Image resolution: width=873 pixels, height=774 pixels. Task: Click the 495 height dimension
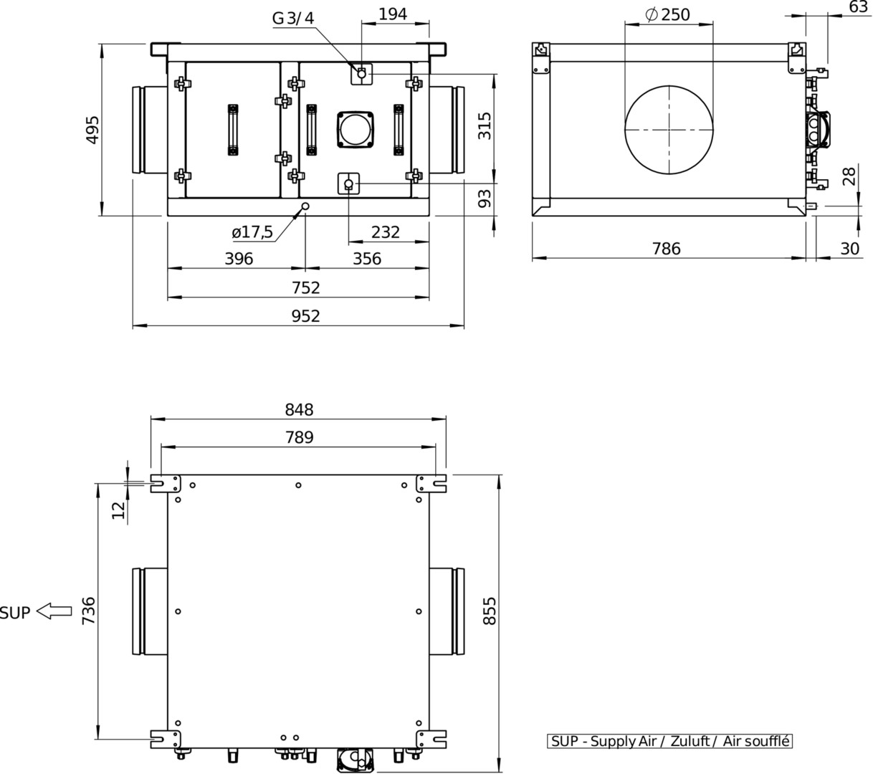[x=92, y=130]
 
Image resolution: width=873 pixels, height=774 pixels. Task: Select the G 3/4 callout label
[x=293, y=18]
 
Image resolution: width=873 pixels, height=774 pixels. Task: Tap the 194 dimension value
[x=393, y=14]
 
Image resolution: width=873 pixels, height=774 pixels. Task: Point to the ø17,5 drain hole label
[x=252, y=232]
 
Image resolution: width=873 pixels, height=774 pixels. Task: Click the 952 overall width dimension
[x=305, y=316]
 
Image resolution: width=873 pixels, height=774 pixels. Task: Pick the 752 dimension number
[x=306, y=287]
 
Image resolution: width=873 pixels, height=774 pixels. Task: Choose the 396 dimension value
[x=239, y=259]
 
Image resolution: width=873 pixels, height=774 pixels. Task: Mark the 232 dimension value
[x=385, y=232]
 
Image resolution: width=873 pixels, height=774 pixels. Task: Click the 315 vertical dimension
[x=485, y=126]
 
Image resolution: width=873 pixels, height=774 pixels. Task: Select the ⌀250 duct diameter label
[x=667, y=14]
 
